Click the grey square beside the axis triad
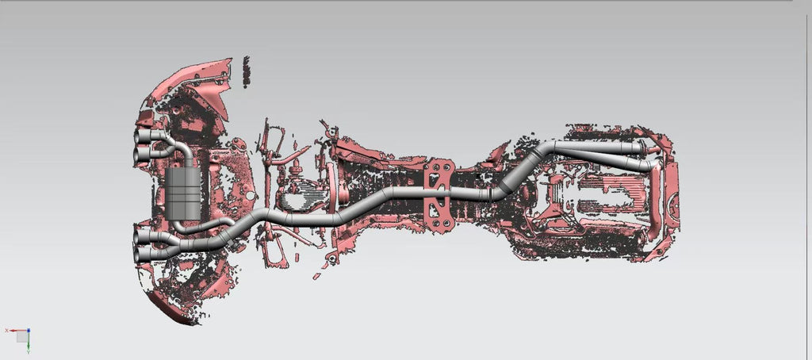tap(21, 336)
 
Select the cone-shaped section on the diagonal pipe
tap(504, 187)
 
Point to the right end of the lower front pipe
tap(653, 165)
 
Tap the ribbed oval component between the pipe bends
tap(299, 195)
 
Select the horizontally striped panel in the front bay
tap(603, 195)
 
